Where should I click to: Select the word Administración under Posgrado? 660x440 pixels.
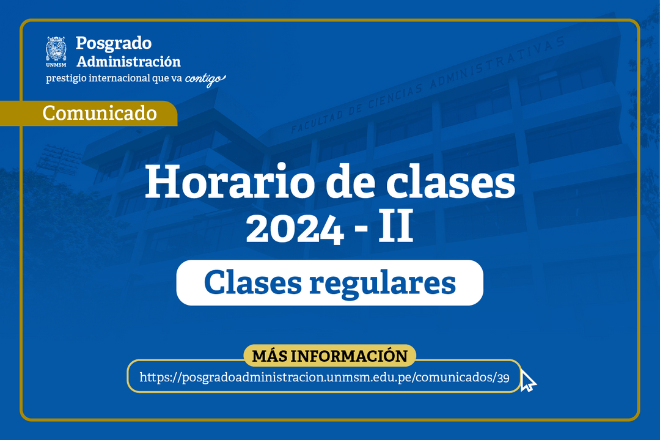(128, 62)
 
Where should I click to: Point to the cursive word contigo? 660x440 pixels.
(205, 79)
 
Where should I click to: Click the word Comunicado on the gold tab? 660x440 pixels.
(100, 113)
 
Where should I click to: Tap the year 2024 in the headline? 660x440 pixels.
(294, 228)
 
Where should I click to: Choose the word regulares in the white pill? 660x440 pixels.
(383, 284)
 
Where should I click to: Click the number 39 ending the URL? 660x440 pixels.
(503, 377)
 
